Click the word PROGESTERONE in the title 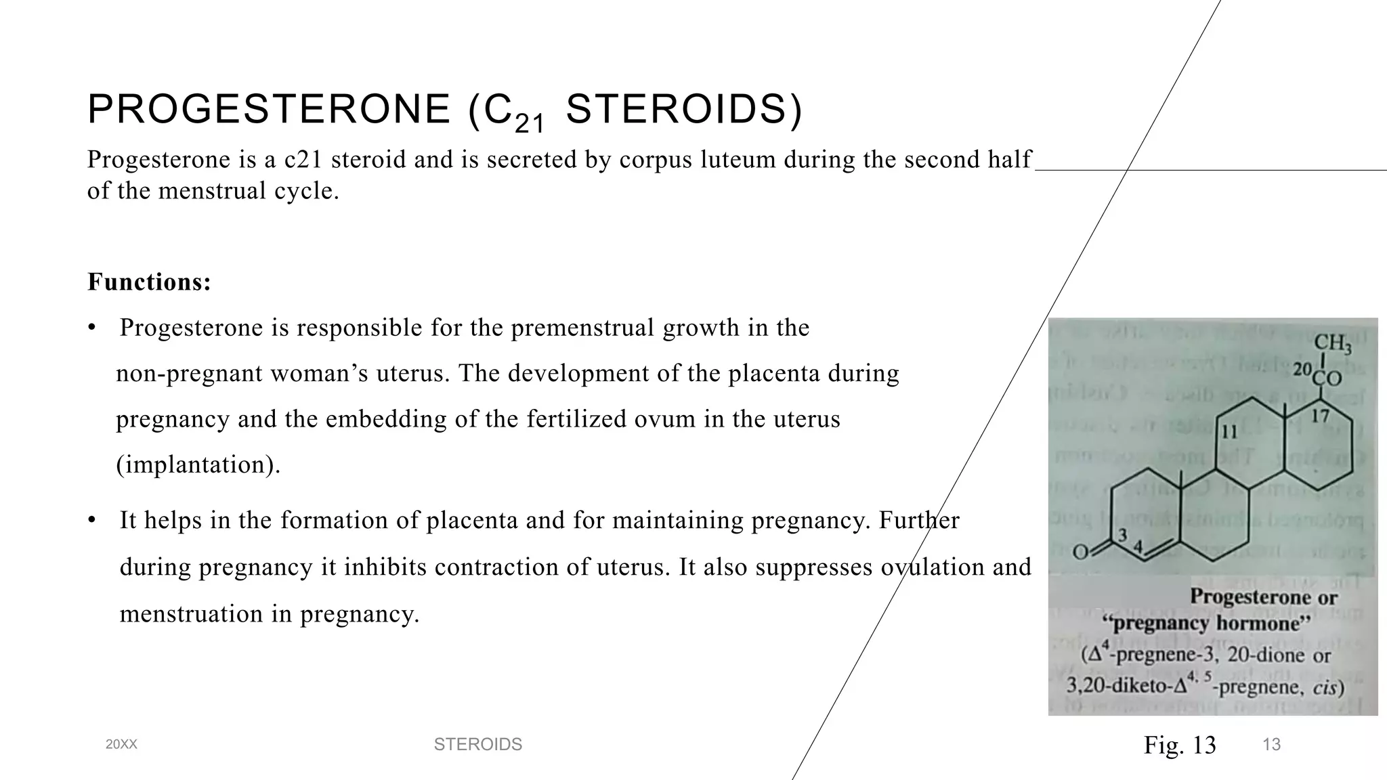[x=269, y=110]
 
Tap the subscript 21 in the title [x=529, y=123]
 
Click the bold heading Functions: [x=149, y=282]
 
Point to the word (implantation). [x=198, y=464]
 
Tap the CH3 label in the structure [x=1332, y=344]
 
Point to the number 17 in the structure [x=1319, y=416]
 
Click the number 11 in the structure [x=1229, y=432]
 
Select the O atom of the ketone [x=1081, y=552]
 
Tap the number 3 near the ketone [x=1122, y=535]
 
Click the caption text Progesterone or [x=1263, y=597]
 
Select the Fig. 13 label [x=1180, y=745]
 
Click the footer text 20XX [x=121, y=745]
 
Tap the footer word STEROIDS [x=477, y=745]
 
